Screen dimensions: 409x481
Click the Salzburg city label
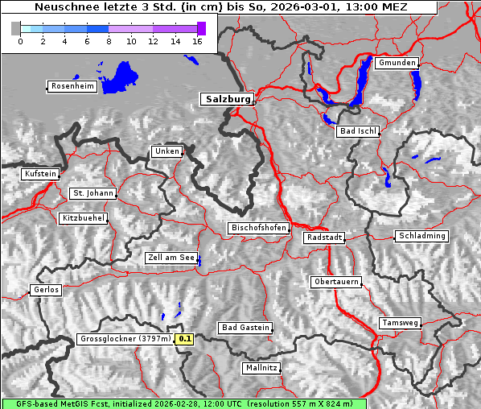click(227, 99)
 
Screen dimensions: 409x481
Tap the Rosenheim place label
click(72, 86)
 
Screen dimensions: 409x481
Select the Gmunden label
click(397, 63)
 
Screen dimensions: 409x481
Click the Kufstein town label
click(39, 174)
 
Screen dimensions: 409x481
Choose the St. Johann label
click(92, 193)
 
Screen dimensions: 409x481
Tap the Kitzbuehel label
click(83, 218)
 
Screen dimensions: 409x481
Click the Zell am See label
click(171, 258)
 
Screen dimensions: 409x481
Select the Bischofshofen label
click(258, 229)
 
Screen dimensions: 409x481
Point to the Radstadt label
click(324, 238)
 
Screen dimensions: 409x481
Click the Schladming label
click(420, 236)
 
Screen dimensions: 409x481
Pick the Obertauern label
click(335, 282)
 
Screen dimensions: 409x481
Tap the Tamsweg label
click(400, 323)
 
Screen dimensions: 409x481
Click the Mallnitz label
click(261, 368)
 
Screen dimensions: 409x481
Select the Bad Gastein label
click(245, 328)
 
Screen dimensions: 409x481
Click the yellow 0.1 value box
click(185, 340)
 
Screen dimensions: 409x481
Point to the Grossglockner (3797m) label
click(125, 339)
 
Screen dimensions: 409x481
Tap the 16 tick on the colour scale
click(197, 40)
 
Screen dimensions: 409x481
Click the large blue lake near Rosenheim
click(121, 77)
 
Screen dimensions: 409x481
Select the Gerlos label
click(46, 290)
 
